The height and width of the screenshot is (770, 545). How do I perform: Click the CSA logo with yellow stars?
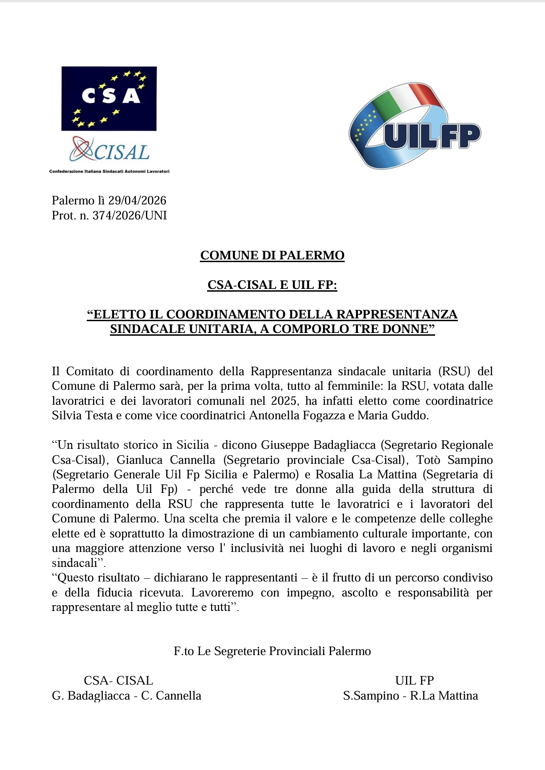109,99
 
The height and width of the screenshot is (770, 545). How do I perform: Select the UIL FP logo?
415,126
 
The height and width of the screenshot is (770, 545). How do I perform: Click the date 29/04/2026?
137,200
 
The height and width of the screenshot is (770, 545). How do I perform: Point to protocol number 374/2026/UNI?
130,215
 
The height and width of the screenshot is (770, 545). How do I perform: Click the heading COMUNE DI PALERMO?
272,255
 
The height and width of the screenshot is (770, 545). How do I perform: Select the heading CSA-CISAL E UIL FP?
272,285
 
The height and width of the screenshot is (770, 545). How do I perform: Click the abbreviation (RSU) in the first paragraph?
454,371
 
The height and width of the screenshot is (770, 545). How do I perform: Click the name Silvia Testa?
82,415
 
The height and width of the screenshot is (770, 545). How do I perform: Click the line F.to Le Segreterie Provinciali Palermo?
272,651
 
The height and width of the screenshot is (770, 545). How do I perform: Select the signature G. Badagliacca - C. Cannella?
126,695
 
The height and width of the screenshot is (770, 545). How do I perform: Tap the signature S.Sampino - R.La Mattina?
410,695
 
